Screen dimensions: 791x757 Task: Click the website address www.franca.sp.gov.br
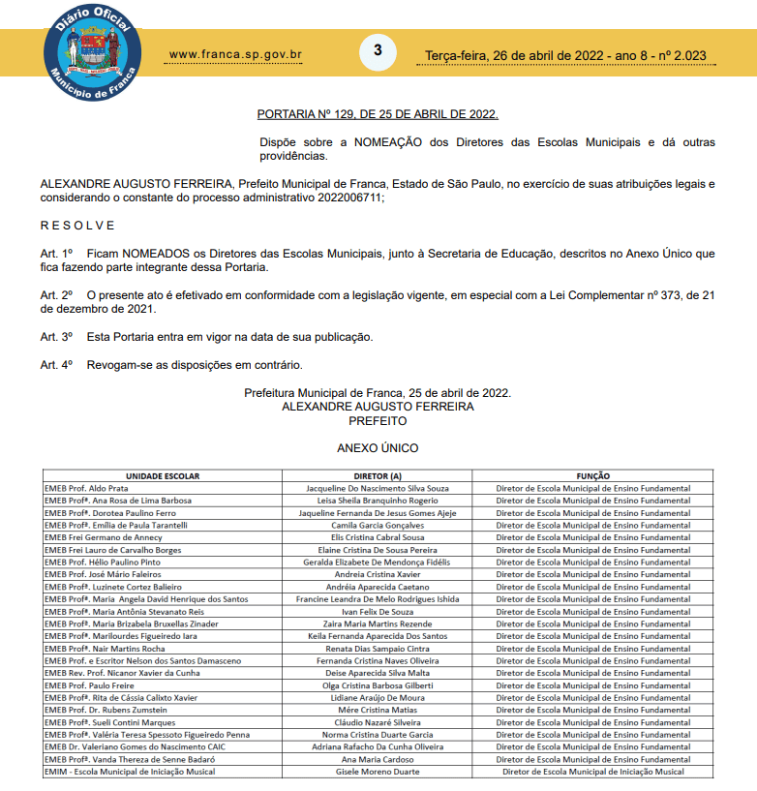235,54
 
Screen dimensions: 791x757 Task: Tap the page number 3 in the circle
378,50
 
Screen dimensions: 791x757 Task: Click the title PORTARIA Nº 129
378,114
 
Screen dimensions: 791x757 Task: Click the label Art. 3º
56,337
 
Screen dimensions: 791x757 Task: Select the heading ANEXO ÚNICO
378,448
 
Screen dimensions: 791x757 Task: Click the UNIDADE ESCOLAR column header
162,476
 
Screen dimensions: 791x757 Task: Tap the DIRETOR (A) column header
378,476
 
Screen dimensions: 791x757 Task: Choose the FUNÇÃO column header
592,476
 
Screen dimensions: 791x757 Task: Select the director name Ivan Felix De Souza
378,612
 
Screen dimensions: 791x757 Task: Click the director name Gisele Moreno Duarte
378,772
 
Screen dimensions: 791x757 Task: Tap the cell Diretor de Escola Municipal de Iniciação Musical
592,772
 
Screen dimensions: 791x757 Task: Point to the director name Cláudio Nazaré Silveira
378,721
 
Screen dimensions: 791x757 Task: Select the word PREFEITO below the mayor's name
378,421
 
